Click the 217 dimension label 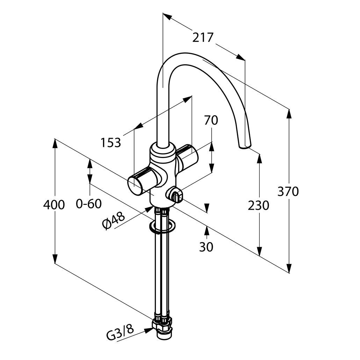coord(203,38)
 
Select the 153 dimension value coord(111,143)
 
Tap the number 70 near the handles coord(211,120)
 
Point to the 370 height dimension coord(288,192)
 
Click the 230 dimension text coord(258,206)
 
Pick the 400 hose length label coord(54,204)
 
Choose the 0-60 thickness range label coord(89,204)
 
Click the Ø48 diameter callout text coord(114,221)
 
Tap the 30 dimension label coord(206,247)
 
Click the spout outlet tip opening coord(245,146)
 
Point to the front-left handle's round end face coord(135,186)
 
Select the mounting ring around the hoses coord(162,226)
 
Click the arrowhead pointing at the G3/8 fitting coord(149,330)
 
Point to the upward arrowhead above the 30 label coord(207,231)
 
